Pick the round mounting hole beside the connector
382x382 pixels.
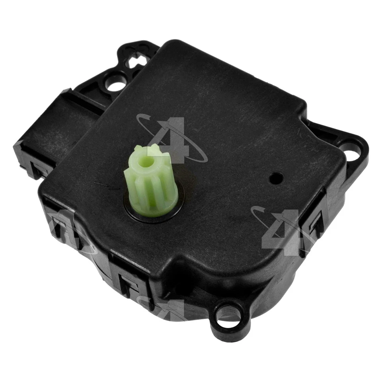[x=115, y=84]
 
